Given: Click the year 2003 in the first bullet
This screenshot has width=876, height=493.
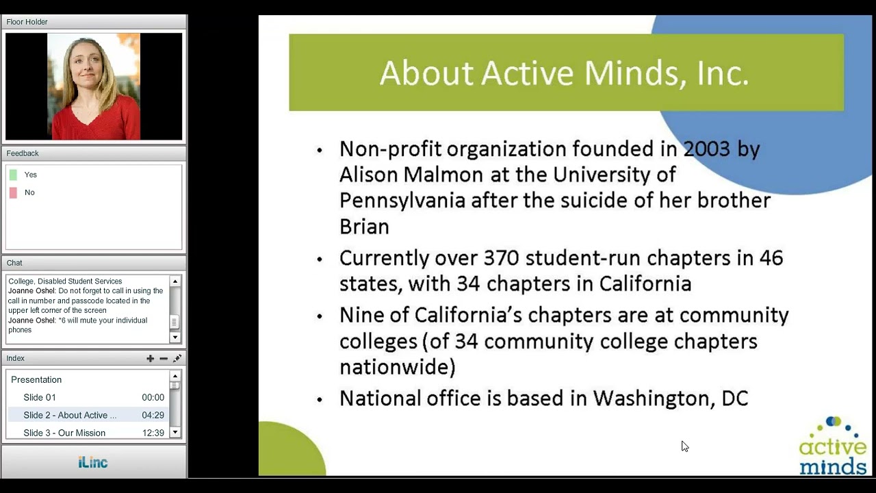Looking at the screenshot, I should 706,149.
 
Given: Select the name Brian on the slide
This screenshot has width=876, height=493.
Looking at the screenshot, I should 364,227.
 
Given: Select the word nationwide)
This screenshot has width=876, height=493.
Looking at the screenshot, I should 397,367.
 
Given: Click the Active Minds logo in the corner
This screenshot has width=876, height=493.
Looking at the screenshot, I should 832,446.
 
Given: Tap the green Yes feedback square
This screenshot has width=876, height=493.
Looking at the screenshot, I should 13,175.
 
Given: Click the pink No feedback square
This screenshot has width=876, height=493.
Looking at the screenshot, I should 13,192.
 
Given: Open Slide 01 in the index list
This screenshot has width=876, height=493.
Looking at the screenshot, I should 40,397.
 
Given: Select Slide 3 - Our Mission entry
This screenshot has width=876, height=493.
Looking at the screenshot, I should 64,433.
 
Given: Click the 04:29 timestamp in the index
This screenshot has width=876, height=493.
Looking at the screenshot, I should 153,415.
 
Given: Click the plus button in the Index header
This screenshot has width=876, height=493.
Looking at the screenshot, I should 150,358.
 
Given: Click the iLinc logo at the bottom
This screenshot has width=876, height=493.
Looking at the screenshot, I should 93,462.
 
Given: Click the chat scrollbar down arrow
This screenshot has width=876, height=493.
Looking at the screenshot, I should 175,337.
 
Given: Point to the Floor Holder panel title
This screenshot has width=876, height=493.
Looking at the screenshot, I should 27,22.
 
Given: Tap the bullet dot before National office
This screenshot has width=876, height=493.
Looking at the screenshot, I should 319,400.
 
